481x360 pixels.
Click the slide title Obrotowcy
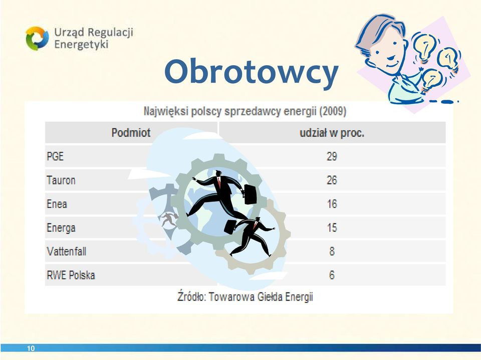click(x=251, y=72)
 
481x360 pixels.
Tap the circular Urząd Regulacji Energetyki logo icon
click(x=37, y=38)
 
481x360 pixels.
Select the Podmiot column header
click(x=131, y=132)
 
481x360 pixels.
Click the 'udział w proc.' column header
click(x=332, y=133)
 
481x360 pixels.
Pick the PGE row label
click(x=55, y=156)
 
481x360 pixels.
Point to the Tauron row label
click(x=61, y=180)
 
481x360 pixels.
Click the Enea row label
click(x=57, y=204)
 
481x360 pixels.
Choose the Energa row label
click(x=61, y=228)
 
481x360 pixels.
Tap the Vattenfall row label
click(x=67, y=251)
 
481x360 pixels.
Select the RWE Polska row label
click(x=71, y=275)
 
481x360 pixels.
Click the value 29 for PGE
click(x=332, y=156)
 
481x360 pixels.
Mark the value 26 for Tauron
click(x=332, y=180)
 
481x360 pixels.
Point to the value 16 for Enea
click(x=332, y=204)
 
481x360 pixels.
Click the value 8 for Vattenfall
click(x=332, y=251)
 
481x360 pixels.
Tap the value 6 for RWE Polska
click(x=332, y=275)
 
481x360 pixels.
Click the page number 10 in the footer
click(x=31, y=348)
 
